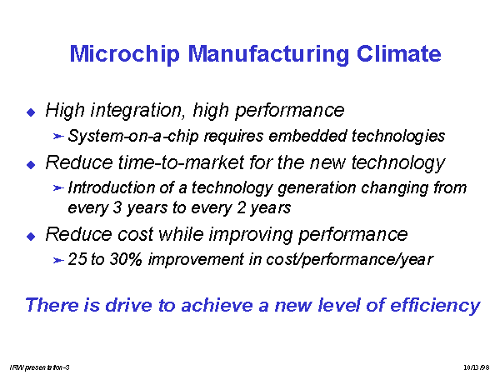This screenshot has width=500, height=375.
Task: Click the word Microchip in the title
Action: click(125, 54)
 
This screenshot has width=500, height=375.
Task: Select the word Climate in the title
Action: click(398, 53)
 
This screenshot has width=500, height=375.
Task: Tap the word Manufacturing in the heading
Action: click(268, 54)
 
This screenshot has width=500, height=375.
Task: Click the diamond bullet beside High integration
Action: click(31, 112)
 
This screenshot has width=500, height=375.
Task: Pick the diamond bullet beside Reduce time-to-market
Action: click(31, 164)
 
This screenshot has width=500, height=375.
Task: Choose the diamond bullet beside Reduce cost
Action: click(31, 237)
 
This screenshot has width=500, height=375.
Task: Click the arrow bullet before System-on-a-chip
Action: click(58, 137)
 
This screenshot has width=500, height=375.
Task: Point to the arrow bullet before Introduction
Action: click(58, 188)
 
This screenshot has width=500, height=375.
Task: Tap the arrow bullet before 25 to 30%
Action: click(58, 260)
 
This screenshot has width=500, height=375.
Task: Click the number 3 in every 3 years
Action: click(117, 207)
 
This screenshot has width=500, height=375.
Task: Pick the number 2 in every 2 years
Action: click(241, 207)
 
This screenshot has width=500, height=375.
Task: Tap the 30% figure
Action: click(126, 259)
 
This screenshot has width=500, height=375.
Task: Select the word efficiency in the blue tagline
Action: click(435, 306)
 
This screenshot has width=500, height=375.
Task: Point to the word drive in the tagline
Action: click(128, 305)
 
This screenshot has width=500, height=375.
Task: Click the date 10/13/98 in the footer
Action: click(477, 367)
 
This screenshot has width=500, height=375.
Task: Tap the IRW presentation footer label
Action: click(39, 367)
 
